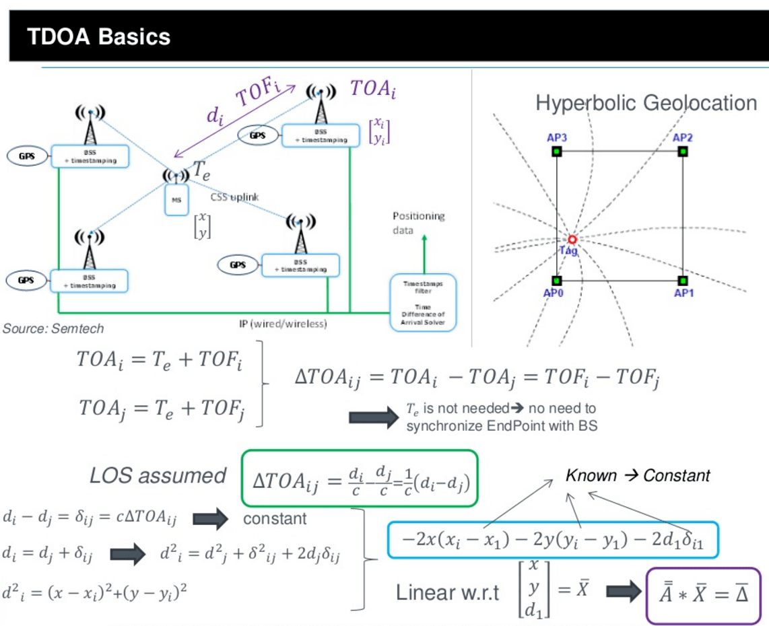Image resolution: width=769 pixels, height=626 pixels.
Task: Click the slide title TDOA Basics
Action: [98, 36]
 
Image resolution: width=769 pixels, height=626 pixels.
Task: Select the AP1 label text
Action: [684, 293]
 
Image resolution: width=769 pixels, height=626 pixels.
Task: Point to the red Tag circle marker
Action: [572, 240]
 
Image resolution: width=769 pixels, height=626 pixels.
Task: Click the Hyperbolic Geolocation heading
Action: [646, 103]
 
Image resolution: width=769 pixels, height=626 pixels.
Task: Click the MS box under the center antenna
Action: [175, 200]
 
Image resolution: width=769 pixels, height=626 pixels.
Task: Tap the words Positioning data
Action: [418, 223]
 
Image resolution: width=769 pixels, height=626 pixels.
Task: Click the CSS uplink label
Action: [234, 197]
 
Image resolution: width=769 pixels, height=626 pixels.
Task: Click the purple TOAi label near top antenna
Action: [372, 88]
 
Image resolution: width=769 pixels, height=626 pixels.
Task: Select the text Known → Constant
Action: [637, 476]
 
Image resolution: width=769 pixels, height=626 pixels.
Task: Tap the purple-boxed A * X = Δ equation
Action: [702, 596]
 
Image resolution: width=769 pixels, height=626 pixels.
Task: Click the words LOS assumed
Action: [158, 476]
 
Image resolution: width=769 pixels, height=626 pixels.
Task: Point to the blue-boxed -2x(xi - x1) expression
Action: [552, 539]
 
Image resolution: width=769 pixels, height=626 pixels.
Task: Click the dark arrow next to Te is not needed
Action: [374, 417]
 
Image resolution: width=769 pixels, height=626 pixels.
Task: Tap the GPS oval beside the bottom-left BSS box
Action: [26, 280]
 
